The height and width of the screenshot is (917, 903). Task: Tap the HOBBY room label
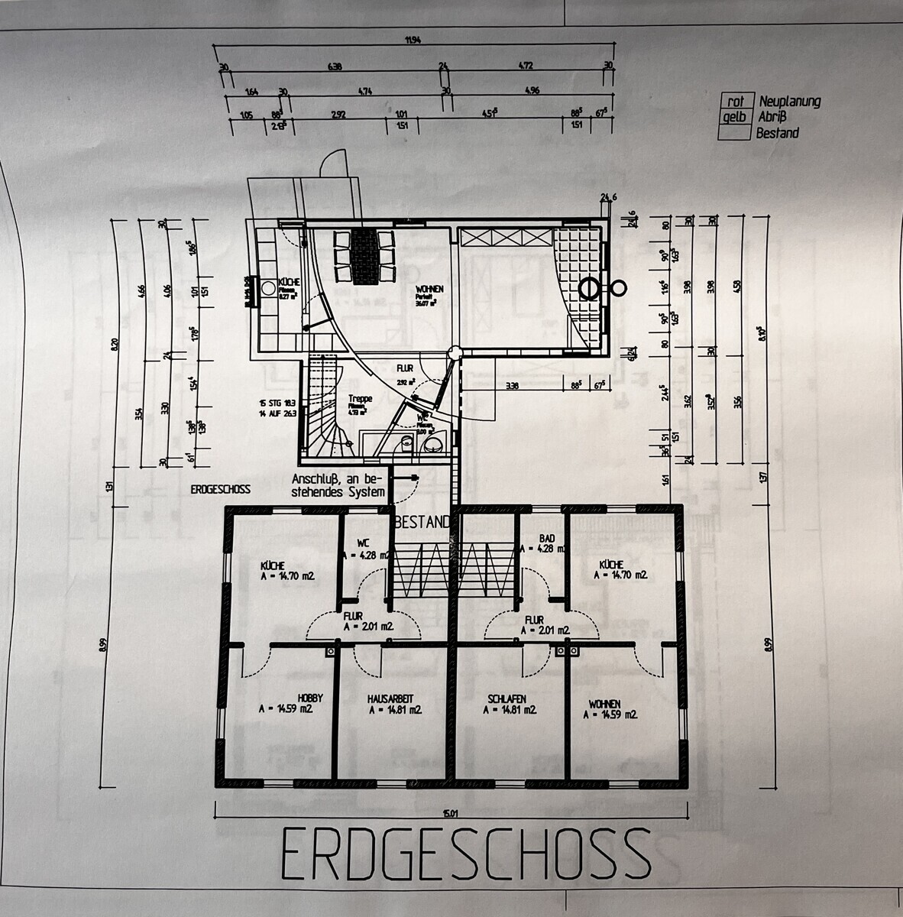pos(311,698)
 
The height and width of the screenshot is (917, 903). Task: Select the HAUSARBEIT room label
pos(394,698)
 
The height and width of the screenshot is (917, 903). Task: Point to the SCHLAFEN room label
pos(507,699)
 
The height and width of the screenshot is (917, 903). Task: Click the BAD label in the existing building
pos(546,538)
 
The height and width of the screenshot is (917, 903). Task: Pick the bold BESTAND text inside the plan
pos(422,523)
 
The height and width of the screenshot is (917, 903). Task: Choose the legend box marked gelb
pos(735,117)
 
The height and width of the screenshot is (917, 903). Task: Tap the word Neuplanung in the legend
pos(789,102)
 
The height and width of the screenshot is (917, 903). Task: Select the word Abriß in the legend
pos(772,117)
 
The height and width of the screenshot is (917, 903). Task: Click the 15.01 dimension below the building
pos(455,813)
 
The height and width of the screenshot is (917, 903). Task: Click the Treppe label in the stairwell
pos(360,398)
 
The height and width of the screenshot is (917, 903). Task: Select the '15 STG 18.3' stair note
pos(278,402)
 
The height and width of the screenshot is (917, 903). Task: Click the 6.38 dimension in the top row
pos(334,67)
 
